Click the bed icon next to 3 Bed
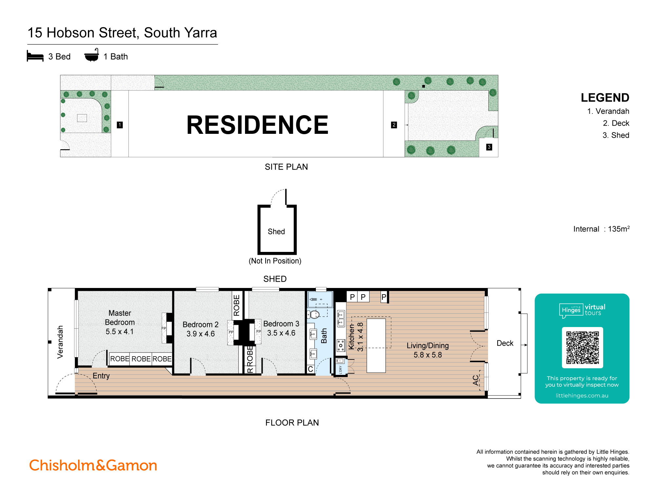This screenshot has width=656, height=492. click(35, 56)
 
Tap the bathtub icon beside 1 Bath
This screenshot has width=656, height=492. click(92, 55)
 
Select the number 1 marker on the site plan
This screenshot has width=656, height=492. click(120, 125)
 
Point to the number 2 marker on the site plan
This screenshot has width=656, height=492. click(394, 125)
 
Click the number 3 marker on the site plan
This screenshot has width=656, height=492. click(489, 147)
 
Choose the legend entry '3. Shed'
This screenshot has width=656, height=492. click(616, 135)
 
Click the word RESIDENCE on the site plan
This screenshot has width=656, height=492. click(257, 125)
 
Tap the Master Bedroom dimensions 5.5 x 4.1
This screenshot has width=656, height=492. click(120, 332)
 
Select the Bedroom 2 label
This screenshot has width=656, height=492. click(200, 324)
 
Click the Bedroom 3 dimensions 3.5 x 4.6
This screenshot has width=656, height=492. click(281, 333)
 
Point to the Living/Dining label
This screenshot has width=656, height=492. click(427, 345)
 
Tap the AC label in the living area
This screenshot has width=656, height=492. click(476, 380)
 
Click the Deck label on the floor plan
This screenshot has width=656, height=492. click(505, 343)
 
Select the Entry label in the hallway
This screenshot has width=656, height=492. click(101, 376)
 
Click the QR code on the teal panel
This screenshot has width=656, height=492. click(582, 348)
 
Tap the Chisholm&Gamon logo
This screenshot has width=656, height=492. click(93, 465)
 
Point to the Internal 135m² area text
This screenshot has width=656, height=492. click(601, 229)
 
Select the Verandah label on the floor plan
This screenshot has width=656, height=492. click(60, 342)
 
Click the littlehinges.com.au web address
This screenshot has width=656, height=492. click(582, 396)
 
